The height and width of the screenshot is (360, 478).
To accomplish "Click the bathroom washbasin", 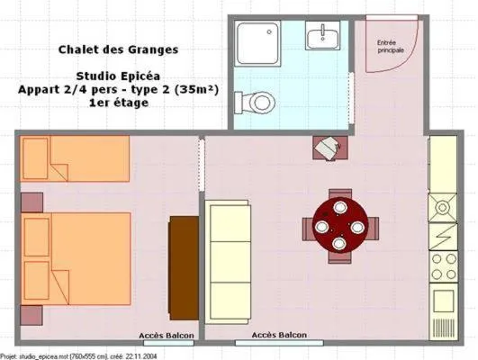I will coord(321,37).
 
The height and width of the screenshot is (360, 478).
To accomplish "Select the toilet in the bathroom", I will coord(261,101).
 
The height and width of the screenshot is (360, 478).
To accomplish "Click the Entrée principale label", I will coord(389,45).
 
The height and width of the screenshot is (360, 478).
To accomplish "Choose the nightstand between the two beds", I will coord(32,202).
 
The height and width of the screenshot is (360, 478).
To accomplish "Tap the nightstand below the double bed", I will coord(32,315).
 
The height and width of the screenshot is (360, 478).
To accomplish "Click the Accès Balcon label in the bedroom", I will coord(164,337).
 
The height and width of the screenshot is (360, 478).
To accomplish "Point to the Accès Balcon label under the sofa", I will coord(277,336).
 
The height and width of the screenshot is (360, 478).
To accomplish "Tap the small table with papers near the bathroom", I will coord(327,148).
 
